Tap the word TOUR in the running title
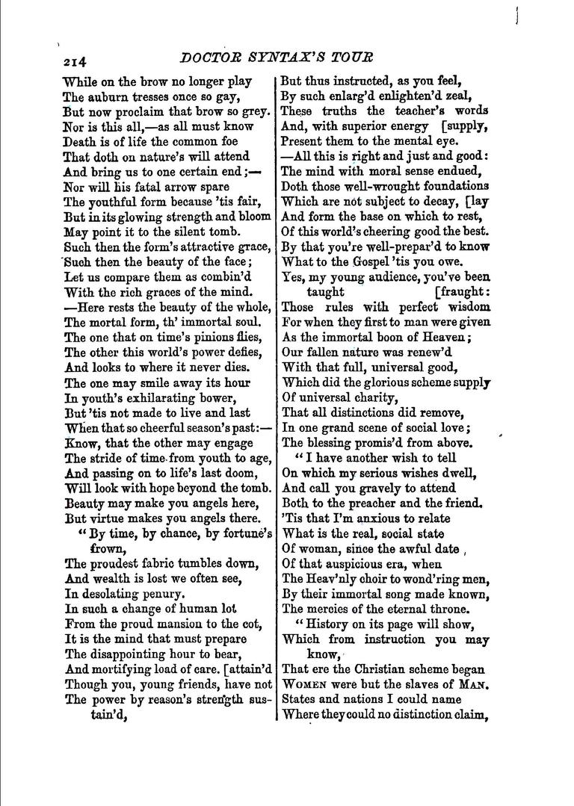tap(351, 57)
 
